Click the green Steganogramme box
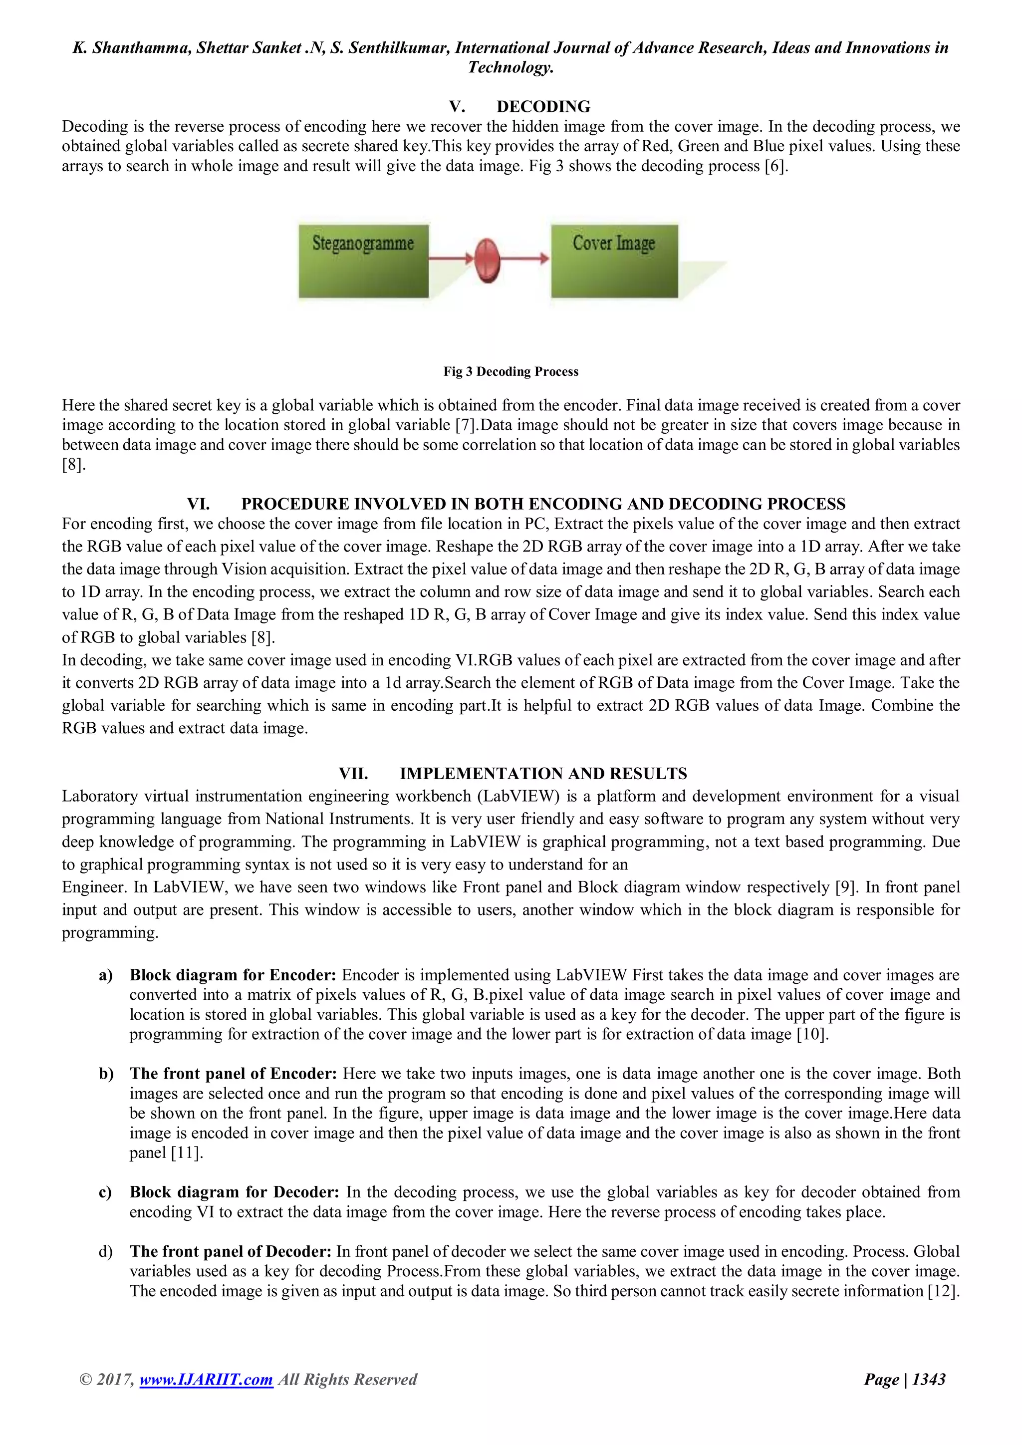(x=364, y=261)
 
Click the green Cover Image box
(x=614, y=261)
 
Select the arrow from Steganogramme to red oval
(x=451, y=258)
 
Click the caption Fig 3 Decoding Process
(x=511, y=371)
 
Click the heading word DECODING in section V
(x=543, y=106)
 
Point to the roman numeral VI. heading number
(x=198, y=504)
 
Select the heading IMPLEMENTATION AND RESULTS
(x=543, y=774)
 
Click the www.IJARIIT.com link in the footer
(x=206, y=1380)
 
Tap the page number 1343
(x=928, y=1380)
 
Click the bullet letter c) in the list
(x=106, y=1192)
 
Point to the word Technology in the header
(x=511, y=67)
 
